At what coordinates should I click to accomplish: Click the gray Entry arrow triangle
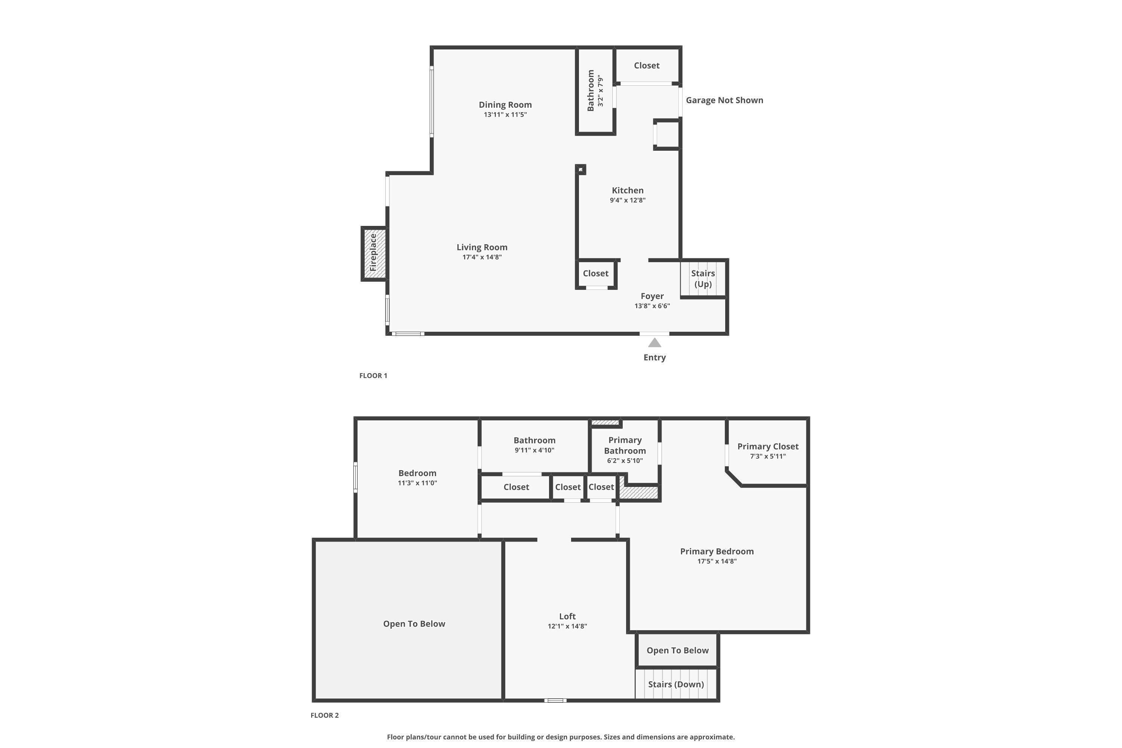pyautogui.click(x=654, y=343)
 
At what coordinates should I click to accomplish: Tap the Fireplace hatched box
pyautogui.click(x=374, y=253)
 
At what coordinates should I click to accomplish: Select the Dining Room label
pyautogui.click(x=505, y=104)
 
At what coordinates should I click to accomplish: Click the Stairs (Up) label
pyautogui.click(x=703, y=279)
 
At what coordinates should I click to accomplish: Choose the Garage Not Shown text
pyautogui.click(x=725, y=100)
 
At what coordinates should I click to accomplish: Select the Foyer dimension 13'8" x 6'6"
pyautogui.click(x=652, y=306)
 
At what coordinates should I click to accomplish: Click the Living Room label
pyautogui.click(x=482, y=247)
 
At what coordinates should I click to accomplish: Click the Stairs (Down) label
pyautogui.click(x=676, y=684)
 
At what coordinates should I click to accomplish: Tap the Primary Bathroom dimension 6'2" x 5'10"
pyautogui.click(x=625, y=461)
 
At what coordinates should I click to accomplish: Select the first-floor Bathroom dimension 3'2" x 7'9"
pyautogui.click(x=601, y=91)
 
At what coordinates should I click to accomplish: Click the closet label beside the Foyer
pyautogui.click(x=596, y=273)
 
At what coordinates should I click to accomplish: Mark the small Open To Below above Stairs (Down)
pyautogui.click(x=677, y=651)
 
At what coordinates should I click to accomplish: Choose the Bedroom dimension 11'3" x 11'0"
pyautogui.click(x=417, y=483)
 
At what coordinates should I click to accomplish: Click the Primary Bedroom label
pyautogui.click(x=717, y=551)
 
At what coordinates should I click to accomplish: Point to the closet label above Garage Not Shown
pyautogui.click(x=647, y=65)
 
